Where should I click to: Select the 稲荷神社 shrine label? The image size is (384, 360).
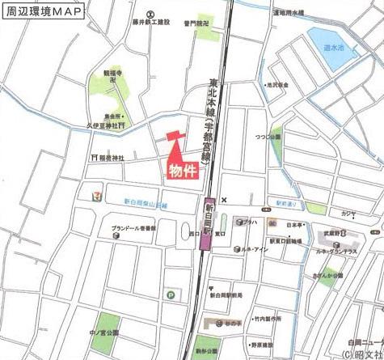pos(111,158)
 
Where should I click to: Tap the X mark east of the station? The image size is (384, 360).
pos(226,200)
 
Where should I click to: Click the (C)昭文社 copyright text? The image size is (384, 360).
pos(359,354)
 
